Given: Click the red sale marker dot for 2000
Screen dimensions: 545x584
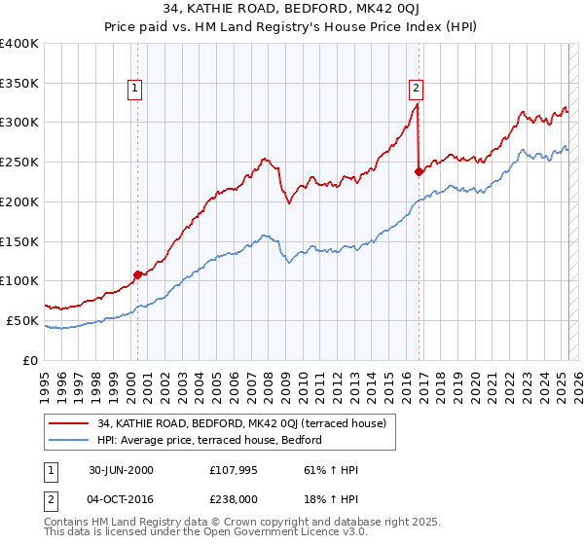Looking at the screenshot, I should [137, 274].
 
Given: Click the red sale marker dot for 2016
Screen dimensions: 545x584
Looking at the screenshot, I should [419, 171].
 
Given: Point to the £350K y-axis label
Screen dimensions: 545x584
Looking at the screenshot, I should [19, 84].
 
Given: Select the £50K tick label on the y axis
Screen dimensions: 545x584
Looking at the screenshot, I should [23, 320].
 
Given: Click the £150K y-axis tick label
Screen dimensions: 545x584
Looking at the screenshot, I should [19, 241].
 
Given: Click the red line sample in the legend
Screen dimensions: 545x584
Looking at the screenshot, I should [69, 423].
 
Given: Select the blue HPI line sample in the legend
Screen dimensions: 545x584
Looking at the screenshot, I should [69, 440].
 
